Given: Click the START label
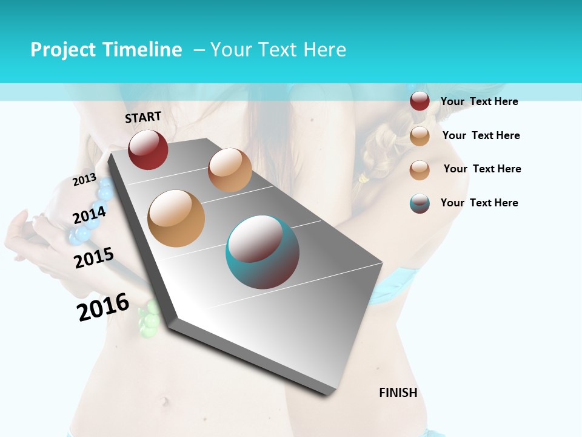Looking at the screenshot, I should click(x=143, y=117).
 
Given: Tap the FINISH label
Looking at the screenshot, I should click(x=398, y=393).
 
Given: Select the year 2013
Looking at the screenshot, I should click(x=85, y=179).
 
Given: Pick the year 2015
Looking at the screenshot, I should click(x=94, y=257).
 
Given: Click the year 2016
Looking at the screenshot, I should click(x=103, y=307).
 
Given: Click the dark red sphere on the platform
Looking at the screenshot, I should click(x=148, y=149).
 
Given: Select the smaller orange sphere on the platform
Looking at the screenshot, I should click(x=230, y=170).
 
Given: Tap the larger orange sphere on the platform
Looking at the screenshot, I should click(x=176, y=218).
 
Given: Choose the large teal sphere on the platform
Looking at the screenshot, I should click(x=263, y=252).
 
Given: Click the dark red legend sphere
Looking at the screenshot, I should click(x=420, y=101).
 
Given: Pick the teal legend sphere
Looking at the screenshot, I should click(x=420, y=203).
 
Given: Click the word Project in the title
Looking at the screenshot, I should click(x=63, y=50).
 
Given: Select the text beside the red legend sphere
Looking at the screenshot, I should click(x=479, y=102).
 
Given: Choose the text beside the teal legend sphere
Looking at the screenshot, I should click(x=479, y=203).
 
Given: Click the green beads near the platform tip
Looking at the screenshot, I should click(x=149, y=318).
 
